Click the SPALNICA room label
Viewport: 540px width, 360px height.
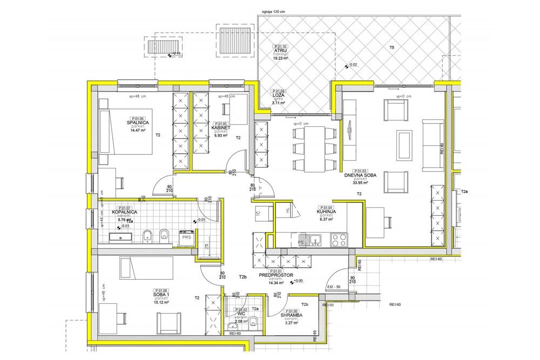point(138,122)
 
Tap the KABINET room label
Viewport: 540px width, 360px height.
point(221,127)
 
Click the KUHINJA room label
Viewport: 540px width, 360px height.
point(326,212)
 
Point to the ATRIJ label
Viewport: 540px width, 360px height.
point(280,52)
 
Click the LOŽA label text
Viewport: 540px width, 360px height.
point(279,96)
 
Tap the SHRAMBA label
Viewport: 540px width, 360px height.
point(293,315)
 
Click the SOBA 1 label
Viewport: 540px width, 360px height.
point(161,295)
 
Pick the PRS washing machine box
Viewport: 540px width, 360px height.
point(186,237)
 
